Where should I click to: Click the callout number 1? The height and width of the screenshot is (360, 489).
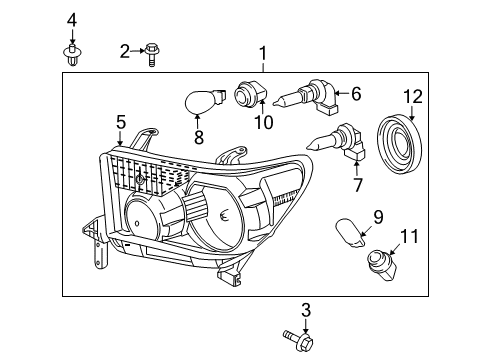pos(263,52)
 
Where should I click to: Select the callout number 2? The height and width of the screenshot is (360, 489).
pos(126,49)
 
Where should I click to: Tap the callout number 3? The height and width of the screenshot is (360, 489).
pos(306,311)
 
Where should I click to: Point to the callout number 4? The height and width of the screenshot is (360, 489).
pos(71,19)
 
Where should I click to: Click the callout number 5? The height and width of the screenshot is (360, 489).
pos(120,122)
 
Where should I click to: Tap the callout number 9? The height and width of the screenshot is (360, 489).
pos(377,217)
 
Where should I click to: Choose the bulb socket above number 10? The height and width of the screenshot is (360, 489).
pos(247,96)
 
